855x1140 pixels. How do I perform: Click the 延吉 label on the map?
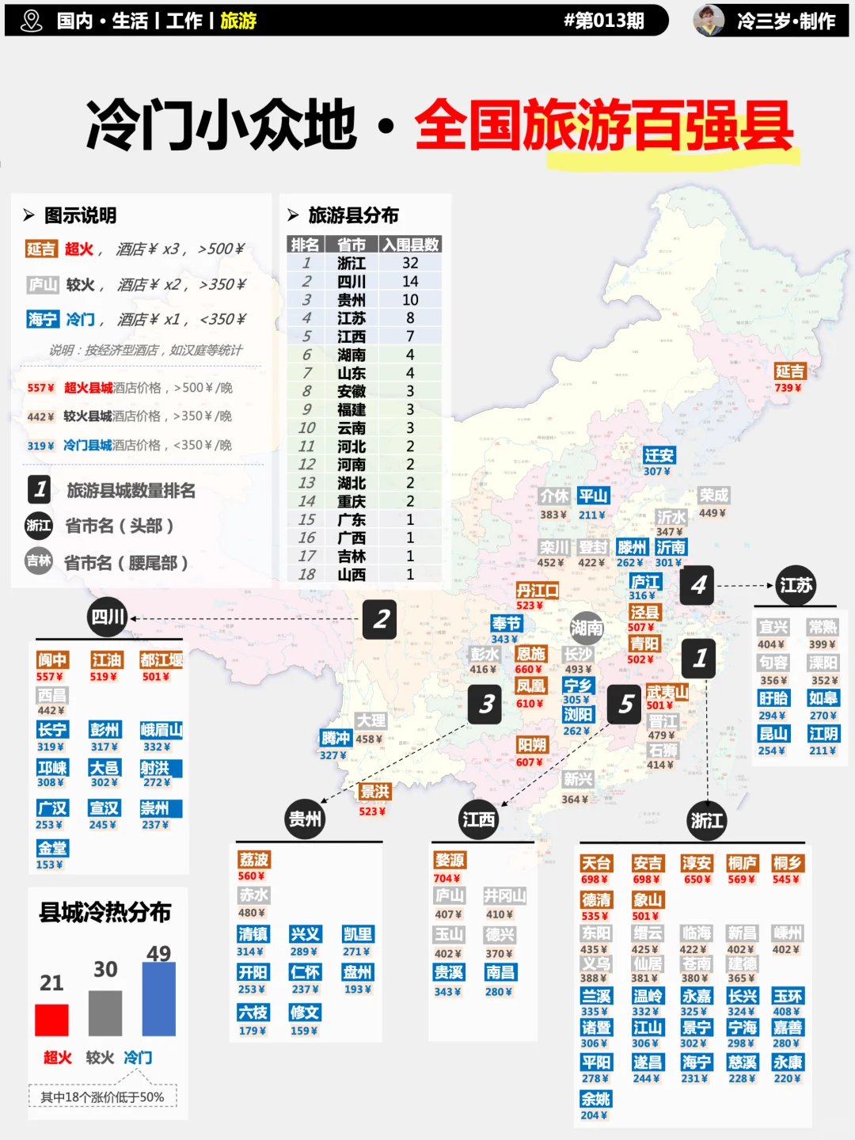click(789, 371)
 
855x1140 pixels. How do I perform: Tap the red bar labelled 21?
click(51, 1020)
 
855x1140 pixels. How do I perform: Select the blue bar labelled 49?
click(158, 999)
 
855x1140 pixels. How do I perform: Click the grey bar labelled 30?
click(105, 1013)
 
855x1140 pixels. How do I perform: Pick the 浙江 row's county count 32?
click(410, 263)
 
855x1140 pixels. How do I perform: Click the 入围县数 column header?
click(410, 245)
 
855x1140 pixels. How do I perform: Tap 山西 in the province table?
click(351, 574)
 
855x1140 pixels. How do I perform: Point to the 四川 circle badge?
click(108, 617)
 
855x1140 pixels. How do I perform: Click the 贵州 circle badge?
click(305, 819)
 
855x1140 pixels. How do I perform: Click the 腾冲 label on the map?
click(335, 738)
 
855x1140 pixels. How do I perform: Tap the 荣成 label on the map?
click(713, 496)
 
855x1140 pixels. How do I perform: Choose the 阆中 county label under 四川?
click(52, 660)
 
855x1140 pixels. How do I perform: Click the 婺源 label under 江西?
click(450, 861)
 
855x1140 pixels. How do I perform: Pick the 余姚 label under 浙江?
click(596, 1099)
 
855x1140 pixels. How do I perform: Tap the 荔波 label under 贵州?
click(254, 860)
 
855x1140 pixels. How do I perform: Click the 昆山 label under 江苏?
click(773, 734)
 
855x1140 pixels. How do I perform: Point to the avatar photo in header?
click(709, 21)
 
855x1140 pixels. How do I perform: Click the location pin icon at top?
click(32, 21)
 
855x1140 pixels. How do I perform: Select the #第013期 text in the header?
click(603, 21)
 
